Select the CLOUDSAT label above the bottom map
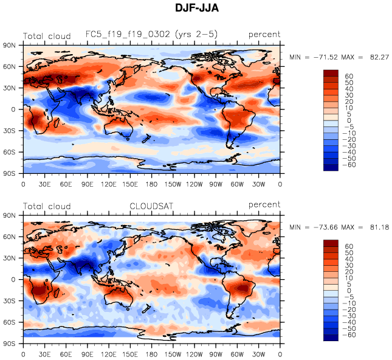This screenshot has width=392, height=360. coord(151,206)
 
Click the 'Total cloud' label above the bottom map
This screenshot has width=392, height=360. coord(47,206)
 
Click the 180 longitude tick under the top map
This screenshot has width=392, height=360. coord(151,183)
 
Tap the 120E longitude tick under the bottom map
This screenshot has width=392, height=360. coord(109,353)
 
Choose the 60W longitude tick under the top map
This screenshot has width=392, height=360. coord(238,183)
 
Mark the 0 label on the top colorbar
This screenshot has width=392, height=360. coord(346,120)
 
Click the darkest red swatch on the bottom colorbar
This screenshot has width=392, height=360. coord(330,244)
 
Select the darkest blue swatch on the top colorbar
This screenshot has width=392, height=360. coord(330,167)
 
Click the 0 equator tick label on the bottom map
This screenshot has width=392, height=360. coord(13,280)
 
